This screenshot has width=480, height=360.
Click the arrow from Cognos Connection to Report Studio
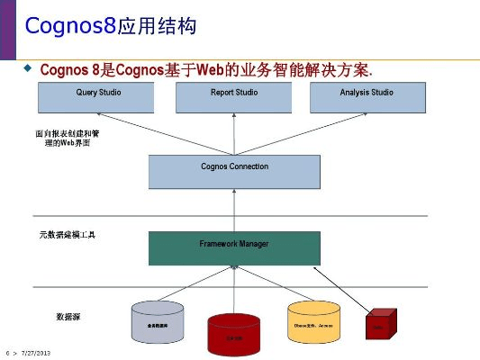pyautogui.click(x=233, y=133)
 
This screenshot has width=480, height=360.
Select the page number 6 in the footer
pyautogui.click(x=7, y=352)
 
